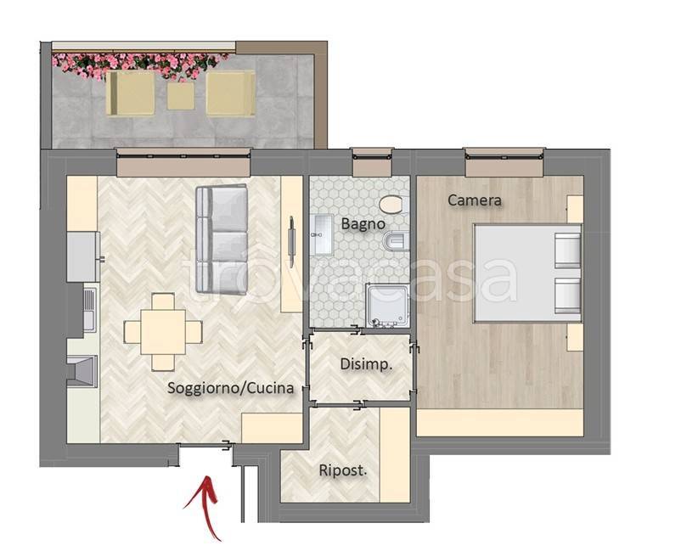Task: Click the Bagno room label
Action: pos(363,223)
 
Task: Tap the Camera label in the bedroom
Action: pos(474,200)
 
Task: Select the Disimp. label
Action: pos(366,364)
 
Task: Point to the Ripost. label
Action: pos(343,470)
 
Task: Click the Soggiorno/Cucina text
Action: pos(231,388)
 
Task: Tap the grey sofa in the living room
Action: pos(222,239)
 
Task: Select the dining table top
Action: pos(163,332)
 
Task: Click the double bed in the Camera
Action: pos(527,273)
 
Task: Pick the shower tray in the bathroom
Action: pos(388,306)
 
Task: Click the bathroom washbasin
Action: pos(323,234)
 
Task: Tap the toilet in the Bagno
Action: pos(391,205)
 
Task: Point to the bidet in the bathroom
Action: pos(396,241)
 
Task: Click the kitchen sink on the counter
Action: pos(89,308)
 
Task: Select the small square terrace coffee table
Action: pos(181,96)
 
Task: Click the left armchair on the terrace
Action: pos(131,93)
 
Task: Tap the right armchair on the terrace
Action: pos(231,93)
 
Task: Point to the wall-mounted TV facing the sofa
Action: pos(291,241)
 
